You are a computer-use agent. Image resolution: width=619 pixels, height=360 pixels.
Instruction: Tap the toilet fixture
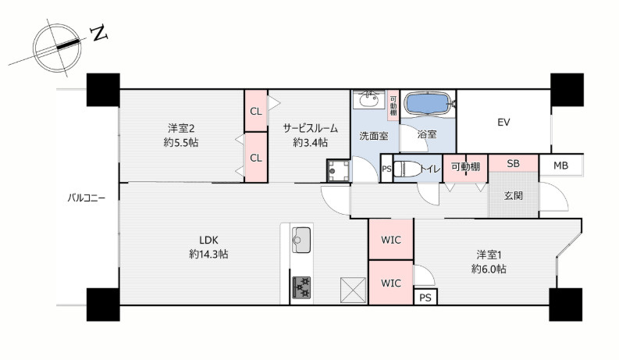click(408, 169)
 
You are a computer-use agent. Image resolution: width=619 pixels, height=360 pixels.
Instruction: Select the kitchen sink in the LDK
click(301, 240)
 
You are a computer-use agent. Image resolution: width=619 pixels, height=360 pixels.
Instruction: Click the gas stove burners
click(301, 287)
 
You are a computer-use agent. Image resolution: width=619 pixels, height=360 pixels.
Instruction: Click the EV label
click(503, 123)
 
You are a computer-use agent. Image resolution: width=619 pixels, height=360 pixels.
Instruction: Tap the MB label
click(560, 166)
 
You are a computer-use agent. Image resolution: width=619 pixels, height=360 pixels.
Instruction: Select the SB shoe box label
click(513, 163)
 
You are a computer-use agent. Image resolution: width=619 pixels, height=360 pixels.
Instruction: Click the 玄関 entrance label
click(514, 195)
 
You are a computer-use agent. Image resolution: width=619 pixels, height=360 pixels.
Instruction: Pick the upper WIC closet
click(391, 239)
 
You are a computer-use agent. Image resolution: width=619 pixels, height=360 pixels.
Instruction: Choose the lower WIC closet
click(391, 283)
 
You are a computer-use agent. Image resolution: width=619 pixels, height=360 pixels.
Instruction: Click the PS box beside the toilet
click(387, 169)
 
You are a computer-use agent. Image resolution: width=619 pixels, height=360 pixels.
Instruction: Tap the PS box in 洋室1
click(425, 297)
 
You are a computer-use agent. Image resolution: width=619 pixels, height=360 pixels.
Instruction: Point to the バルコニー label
click(87, 198)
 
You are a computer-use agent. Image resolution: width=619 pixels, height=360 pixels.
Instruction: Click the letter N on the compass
click(99, 33)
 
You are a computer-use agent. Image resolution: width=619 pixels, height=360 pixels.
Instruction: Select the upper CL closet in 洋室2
click(256, 111)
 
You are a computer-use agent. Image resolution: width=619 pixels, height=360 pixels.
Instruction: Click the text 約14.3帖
click(209, 254)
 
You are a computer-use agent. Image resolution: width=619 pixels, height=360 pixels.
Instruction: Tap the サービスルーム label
click(311, 128)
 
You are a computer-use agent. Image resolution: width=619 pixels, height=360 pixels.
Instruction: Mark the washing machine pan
click(338, 170)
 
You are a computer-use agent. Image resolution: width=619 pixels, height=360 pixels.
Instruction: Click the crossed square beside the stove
click(354, 290)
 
